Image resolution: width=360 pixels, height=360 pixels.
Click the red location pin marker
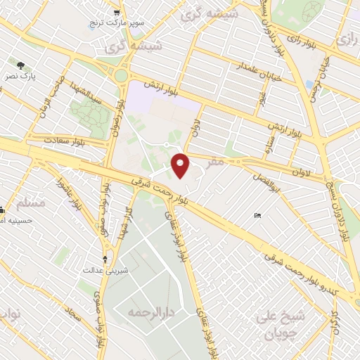[181, 165]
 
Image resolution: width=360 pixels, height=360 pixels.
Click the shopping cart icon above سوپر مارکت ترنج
[117, 13]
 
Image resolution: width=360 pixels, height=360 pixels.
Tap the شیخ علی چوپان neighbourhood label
[283, 324]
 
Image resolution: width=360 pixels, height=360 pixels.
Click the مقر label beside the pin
[216, 162]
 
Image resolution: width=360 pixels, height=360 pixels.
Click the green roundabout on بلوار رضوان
[122, 75]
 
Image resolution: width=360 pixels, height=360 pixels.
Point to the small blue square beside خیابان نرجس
[309, 84]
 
